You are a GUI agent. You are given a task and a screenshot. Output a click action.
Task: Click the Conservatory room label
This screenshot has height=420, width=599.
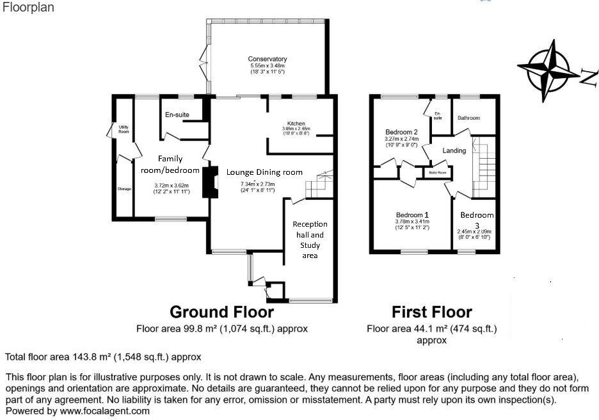(x=268, y=60)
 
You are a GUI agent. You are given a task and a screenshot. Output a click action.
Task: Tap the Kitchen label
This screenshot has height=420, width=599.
(x=296, y=124)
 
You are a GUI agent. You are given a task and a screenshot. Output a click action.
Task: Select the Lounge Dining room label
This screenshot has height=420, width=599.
(x=264, y=172)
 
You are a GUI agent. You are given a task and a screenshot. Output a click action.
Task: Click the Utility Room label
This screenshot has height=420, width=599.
(x=124, y=129)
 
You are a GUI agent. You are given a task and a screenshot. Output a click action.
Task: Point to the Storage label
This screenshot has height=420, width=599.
(x=124, y=189)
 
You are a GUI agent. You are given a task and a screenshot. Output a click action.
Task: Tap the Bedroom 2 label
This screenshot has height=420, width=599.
(x=403, y=132)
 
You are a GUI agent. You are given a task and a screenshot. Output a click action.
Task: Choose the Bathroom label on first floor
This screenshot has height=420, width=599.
(x=468, y=118)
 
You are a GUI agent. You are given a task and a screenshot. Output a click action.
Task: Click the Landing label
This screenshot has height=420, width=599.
(x=454, y=150)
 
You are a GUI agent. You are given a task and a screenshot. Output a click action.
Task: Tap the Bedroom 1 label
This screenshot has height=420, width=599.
(x=412, y=214)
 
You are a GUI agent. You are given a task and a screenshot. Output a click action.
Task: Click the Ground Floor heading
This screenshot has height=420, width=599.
(x=221, y=312)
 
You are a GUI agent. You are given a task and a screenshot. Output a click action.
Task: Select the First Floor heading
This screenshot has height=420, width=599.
(x=431, y=312)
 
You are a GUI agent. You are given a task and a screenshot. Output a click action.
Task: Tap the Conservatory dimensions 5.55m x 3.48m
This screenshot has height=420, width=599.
(x=268, y=66)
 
